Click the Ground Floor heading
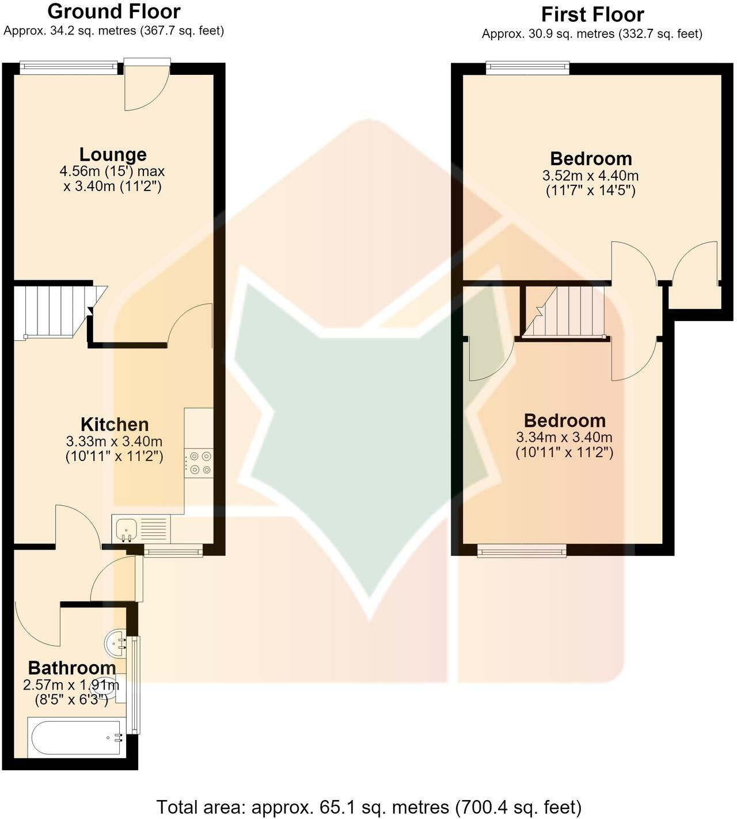tap(114, 12)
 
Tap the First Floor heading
tap(592, 15)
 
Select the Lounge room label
tap(113, 155)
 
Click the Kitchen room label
tap(115, 425)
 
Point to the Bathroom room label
tap(72, 668)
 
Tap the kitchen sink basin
tap(124, 530)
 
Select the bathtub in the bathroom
tap(74, 737)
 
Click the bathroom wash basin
tap(116, 644)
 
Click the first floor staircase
tap(565, 311)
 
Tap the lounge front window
tap(69, 67)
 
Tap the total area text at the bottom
tap(369, 807)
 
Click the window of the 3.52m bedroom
tap(527, 67)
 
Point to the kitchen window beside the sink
tap(173, 551)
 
